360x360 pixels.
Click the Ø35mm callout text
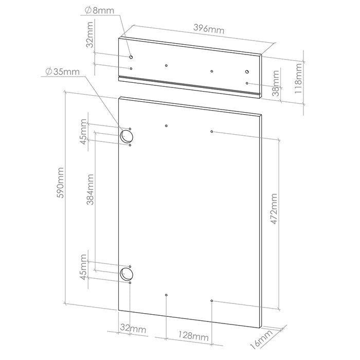pyautogui.click(x=62, y=71)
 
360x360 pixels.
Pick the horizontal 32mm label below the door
pyautogui.click(x=133, y=328)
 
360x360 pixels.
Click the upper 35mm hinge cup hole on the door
pyautogui.click(x=126, y=136)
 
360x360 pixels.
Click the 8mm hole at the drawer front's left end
pyautogui.click(x=131, y=57)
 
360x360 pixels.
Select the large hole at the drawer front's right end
pyautogui.click(x=247, y=72)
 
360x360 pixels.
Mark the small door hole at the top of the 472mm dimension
pyautogui.click(x=212, y=132)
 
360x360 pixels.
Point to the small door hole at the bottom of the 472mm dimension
pyautogui.click(x=212, y=300)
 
